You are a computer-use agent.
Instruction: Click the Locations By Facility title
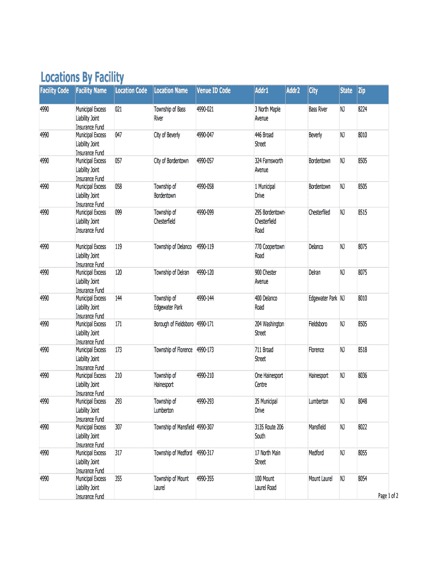82,77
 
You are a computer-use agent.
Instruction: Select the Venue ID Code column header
213,91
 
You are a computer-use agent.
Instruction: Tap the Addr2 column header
293,91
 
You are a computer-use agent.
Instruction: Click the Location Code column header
131,91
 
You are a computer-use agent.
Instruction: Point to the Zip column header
362,91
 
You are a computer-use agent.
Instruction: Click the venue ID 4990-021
205,109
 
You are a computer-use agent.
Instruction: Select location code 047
118,135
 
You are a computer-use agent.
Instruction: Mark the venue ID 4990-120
205,273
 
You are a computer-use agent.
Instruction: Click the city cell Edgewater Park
323,298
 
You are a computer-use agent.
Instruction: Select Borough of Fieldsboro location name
174,324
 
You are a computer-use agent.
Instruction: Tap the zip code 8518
362,350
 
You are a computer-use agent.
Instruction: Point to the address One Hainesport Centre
268,380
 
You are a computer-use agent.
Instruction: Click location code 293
118,401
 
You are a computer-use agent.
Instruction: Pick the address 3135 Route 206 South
269,431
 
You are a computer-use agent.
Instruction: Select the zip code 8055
362,453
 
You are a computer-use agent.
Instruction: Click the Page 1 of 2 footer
388,496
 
